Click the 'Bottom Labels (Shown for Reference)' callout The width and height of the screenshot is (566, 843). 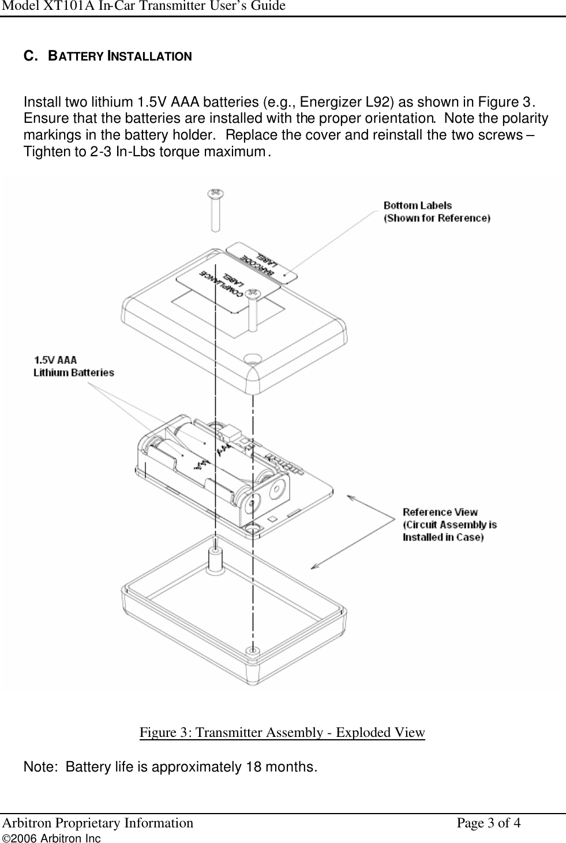coord(437,212)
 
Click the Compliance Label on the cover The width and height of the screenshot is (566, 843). coord(218,284)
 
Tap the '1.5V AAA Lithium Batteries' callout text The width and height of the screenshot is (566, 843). coord(73,366)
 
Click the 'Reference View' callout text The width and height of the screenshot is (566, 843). coord(449,524)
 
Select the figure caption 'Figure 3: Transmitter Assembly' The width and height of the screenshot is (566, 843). coord(282,732)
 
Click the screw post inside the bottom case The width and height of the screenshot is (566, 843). coord(215,559)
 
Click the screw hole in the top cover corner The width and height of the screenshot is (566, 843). coord(252,358)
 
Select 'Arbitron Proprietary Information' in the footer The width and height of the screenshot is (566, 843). coord(98,823)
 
